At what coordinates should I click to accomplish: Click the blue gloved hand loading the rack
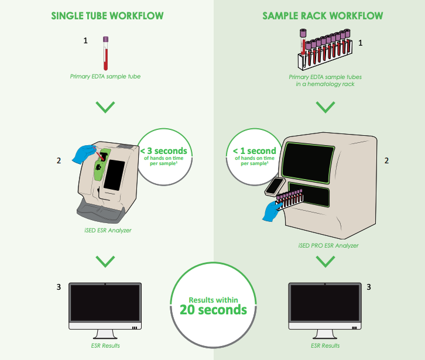(272, 209)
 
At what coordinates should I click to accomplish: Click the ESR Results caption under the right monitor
(325, 346)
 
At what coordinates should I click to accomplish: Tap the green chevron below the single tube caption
(105, 107)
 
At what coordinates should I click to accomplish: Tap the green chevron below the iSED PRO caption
(325, 262)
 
